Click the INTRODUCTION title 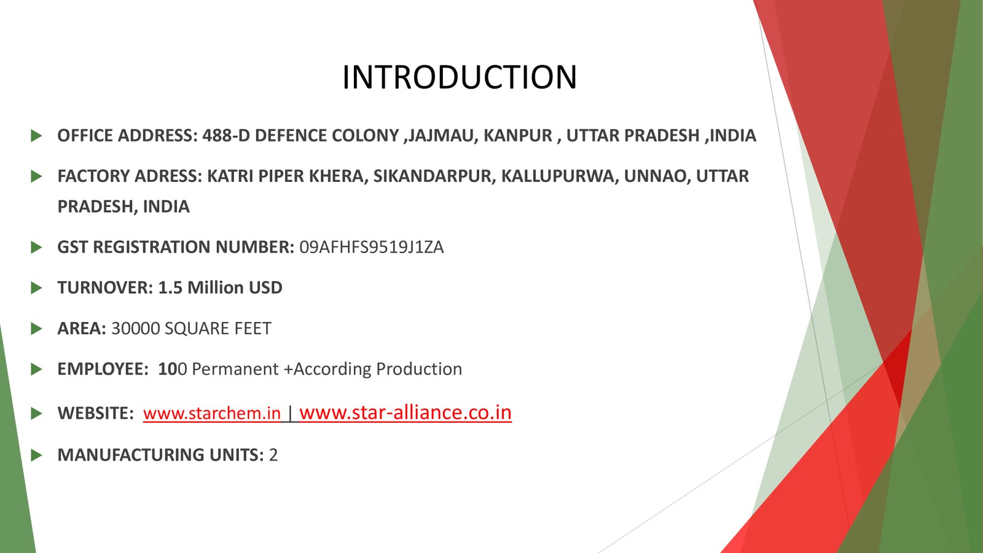[x=459, y=77]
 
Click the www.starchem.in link [x=211, y=414]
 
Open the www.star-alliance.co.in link [x=405, y=412]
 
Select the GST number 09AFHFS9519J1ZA [x=371, y=247]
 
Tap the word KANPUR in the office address [x=518, y=136]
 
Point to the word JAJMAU [x=441, y=136]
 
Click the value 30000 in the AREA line [x=135, y=328]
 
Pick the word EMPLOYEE [x=103, y=369]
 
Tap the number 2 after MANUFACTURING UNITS [x=273, y=455]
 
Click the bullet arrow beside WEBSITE [x=36, y=414]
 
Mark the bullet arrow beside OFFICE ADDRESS [x=36, y=136]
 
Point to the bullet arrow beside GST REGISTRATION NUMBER [x=36, y=247]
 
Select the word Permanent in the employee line [x=235, y=369]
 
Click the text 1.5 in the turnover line [x=170, y=288]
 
